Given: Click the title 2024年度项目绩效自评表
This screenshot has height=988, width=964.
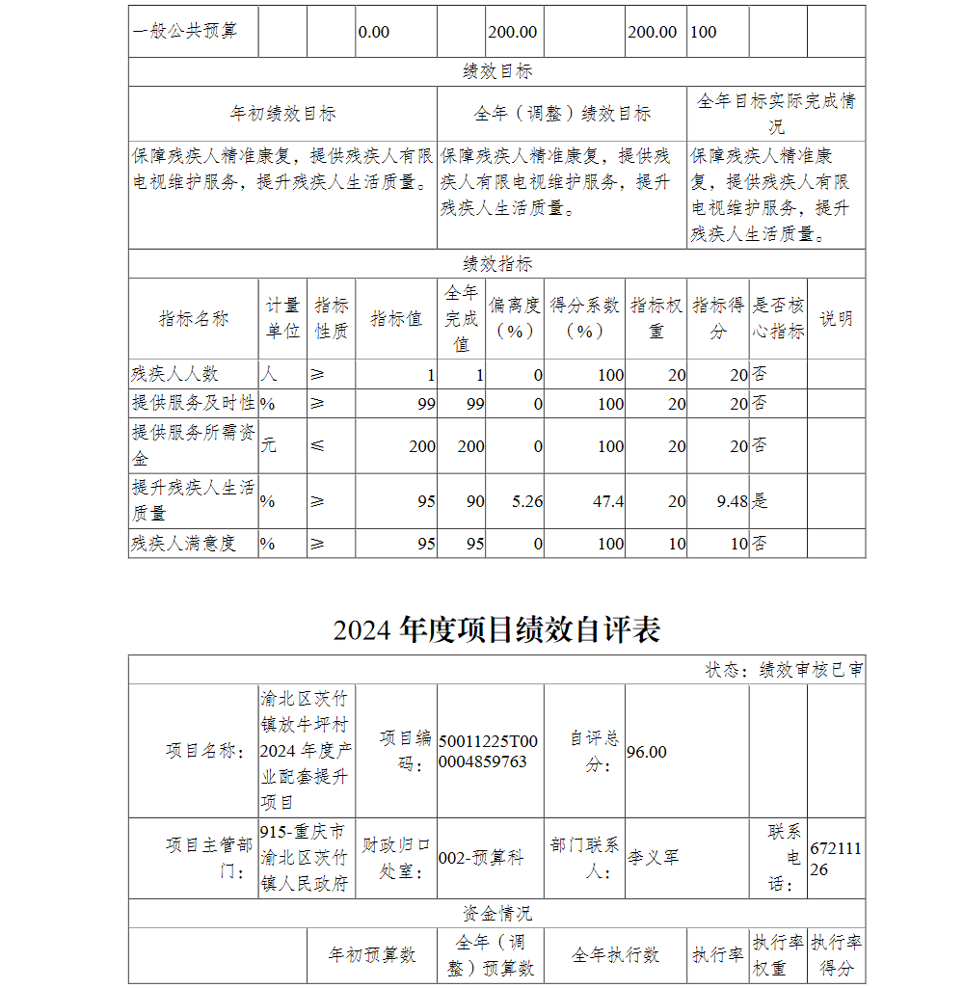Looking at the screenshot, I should (x=496, y=630).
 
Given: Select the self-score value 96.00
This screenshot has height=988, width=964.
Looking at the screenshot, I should (x=647, y=752).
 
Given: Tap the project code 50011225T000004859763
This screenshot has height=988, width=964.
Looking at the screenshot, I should (x=488, y=752).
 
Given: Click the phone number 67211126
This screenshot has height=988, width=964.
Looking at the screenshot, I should (x=836, y=859).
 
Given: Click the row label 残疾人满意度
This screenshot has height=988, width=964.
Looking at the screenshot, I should (x=183, y=544).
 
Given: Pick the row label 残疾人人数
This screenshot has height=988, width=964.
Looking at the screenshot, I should (x=175, y=375).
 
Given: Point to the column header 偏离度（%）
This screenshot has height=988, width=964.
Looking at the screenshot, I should (x=515, y=318).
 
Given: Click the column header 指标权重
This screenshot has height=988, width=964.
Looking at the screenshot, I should (x=656, y=318).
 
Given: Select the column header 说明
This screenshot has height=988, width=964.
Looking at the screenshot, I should (x=836, y=318).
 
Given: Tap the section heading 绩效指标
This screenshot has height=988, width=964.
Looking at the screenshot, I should (x=496, y=264).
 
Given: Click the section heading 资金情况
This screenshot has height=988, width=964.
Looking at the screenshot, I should (x=496, y=914).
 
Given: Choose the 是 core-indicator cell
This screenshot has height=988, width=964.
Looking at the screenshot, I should (x=760, y=501).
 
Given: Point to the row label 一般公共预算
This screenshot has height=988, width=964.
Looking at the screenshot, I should (x=184, y=32).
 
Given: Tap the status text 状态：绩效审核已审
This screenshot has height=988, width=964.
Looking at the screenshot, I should (x=784, y=670).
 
